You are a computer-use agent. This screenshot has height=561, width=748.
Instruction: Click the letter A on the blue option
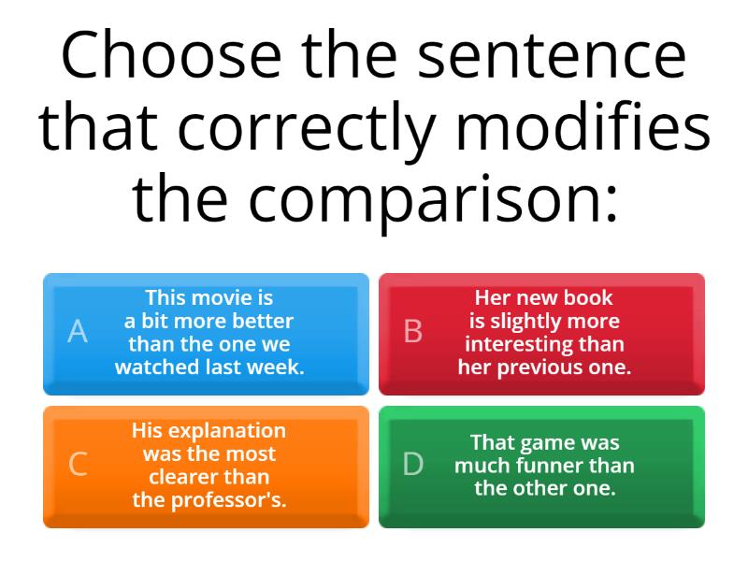(79, 331)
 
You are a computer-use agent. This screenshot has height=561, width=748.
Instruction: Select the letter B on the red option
(412, 331)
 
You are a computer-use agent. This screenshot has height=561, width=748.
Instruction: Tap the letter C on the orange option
(79, 464)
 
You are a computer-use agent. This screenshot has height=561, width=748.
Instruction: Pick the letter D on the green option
(412, 464)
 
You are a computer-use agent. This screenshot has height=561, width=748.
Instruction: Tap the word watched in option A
(157, 367)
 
